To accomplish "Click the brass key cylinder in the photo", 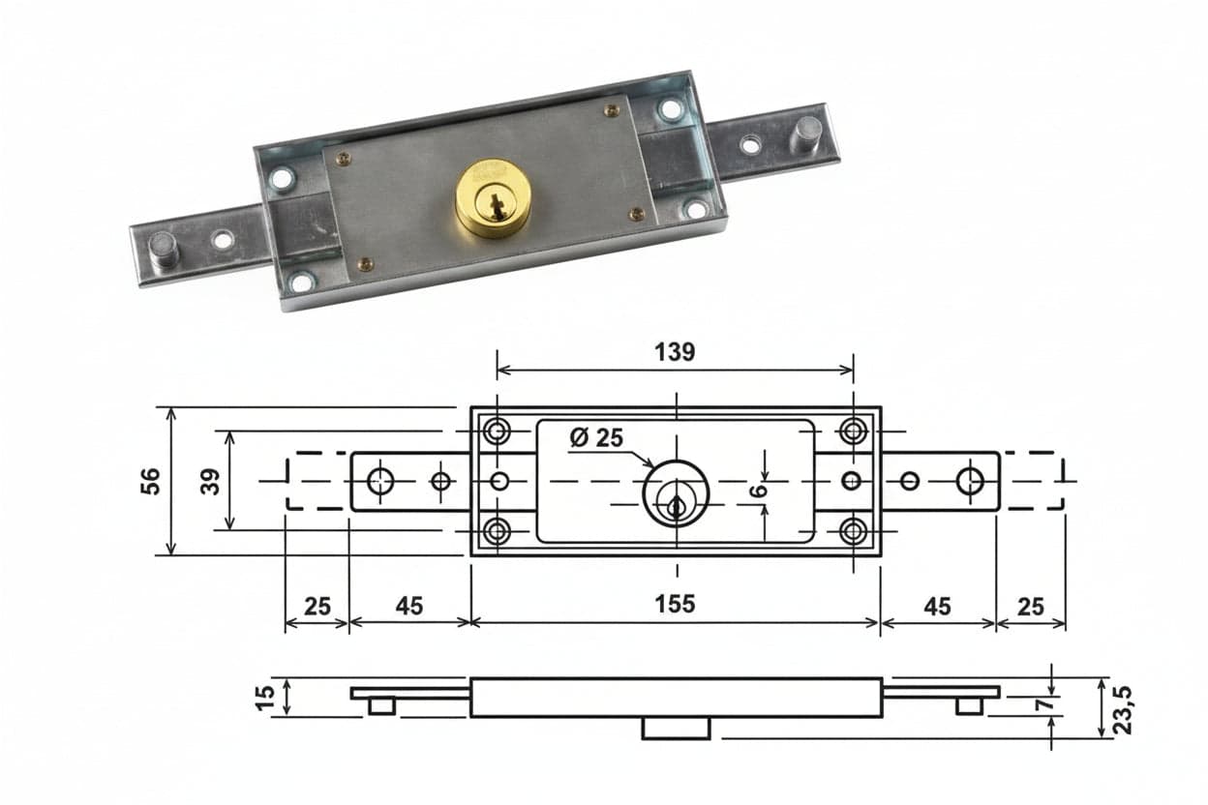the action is point(493,198).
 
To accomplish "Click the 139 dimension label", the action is point(675,352).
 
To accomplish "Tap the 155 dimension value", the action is point(675,605).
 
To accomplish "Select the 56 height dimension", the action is point(151,481).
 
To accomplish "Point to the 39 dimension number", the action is point(211,482).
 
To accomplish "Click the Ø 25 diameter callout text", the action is point(596,437).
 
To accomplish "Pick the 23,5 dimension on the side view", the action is point(1124,710).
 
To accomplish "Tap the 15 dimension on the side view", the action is point(265,699).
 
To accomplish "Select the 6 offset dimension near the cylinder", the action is point(759,491).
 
